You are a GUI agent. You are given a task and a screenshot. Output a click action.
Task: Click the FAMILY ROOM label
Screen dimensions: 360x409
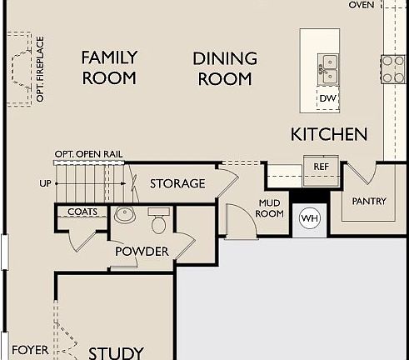(x=109, y=67)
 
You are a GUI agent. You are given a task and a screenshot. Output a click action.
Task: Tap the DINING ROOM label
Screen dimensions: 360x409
(x=223, y=68)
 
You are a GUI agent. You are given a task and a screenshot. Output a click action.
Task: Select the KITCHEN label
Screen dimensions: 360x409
(x=328, y=134)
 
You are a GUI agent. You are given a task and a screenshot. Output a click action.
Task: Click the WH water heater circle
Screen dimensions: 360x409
(x=309, y=218)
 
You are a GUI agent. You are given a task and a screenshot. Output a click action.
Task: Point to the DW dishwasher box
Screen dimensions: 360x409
(x=327, y=98)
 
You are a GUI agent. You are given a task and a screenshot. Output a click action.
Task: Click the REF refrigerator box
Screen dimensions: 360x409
(x=321, y=166)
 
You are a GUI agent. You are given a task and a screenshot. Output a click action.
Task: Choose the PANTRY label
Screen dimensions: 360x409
(x=369, y=201)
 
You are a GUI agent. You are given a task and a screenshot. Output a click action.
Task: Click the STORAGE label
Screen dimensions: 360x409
(x=177, y=183)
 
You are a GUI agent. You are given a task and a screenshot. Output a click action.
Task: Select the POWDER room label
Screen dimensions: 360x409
(x=142, y=251)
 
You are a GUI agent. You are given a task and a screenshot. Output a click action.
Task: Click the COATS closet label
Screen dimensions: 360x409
(x=87, y=212)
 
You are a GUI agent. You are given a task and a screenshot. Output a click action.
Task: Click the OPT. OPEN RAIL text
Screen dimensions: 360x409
(x=88, y=155)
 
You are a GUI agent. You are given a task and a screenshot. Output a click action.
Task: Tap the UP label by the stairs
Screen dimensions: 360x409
(x=45, y=183)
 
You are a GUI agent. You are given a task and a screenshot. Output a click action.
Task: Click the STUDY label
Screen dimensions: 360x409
(x=116, y=352)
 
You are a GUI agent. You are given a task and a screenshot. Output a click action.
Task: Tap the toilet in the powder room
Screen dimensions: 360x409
(x=158, y=222)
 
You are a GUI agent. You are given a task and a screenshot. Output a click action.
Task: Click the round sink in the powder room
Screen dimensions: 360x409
(x=125, y=215)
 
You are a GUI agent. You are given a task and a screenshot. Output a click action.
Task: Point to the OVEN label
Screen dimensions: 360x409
(x=361, y=5)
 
